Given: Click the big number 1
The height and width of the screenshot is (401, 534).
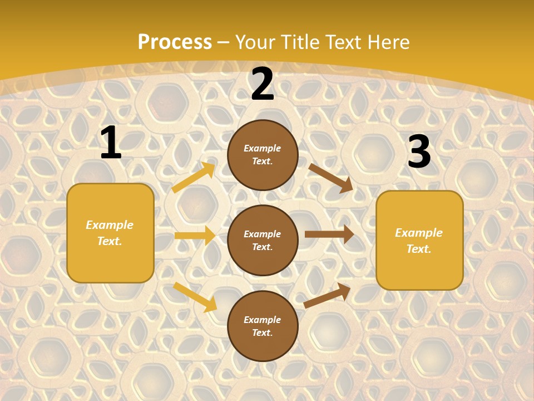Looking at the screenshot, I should [x=111, y=143].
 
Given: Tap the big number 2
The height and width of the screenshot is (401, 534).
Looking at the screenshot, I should [x=263, y=85].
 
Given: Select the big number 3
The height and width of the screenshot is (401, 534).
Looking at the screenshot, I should [x=419, y=152].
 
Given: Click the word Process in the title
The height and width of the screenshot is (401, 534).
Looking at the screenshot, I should [x=175, y=42].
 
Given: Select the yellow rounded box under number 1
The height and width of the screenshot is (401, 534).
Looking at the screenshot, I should [x=110, y=233].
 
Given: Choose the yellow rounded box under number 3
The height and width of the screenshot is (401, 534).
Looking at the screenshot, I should [x=419, y=240].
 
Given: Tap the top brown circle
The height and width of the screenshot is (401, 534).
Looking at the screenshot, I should [x=263, y=155].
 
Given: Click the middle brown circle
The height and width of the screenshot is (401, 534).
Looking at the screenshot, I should [x=263, y=240].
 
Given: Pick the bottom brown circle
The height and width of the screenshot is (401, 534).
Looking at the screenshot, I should [x=263, y=326].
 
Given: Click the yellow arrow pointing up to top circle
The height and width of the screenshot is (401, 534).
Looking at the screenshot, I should [x=194, y=177].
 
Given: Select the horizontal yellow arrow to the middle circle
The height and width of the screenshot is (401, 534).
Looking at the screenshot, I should [x=195, y=236].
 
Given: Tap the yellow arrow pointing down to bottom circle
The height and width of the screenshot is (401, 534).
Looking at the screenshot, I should [x=195, y=297].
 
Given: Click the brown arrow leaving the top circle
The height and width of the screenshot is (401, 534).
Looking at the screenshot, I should [x=331, y=178].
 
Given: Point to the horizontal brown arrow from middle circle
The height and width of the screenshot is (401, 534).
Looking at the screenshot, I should [x=329, y=234].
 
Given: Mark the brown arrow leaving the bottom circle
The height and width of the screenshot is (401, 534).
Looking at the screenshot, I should [x=327, y=295].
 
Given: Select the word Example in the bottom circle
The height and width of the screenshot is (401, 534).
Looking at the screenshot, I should [x=263, y=320].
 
